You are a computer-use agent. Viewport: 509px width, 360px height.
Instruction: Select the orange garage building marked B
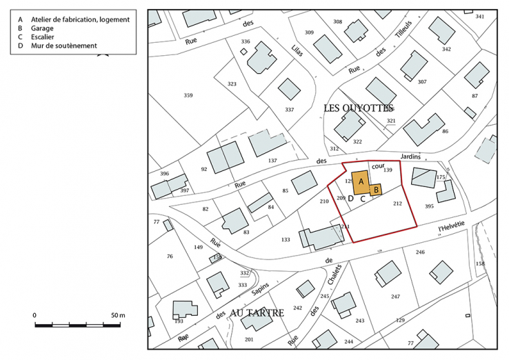click(x=376, y=189)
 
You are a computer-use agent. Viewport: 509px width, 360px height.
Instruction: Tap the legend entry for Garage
click(x=42, y=29)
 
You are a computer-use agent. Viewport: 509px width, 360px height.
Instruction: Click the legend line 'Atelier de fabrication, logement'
click(x=79, y=20)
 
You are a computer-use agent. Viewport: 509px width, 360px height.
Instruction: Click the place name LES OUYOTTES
click(x=359, y=108)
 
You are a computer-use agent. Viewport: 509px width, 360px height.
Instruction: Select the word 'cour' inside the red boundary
click(x=377, y=166)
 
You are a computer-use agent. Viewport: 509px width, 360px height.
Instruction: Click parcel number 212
click(x=397, y=203)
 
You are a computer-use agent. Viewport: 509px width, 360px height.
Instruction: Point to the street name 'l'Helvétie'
click(x=452, y=225)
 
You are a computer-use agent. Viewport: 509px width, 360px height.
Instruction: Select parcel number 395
click(x=429, y=206)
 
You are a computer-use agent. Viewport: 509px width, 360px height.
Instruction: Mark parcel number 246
click(x=420, y=252)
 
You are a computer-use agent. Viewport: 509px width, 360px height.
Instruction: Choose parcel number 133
click(x=286, y=239)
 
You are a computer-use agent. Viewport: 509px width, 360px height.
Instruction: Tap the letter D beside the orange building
click(x=350, y=199)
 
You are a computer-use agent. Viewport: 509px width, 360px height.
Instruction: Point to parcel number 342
click(x=446, y=49)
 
